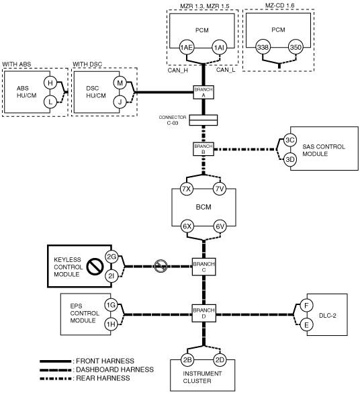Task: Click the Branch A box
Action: tap(204, 92)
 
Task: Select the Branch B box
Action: tap(204, 149)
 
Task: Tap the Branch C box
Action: tap(204, 267)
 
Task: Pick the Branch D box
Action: tap(204, 313)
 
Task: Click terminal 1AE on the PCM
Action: tap(187, 48)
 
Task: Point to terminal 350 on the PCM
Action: tap(296, 47)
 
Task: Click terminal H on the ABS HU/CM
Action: tap(50, 83)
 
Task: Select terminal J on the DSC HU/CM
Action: tap(120, 102)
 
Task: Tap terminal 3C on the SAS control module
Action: tap(290, 140)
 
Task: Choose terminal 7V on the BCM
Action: tap(220, 189)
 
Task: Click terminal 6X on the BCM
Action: tap(187, 226)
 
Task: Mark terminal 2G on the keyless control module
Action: tap(111, 257)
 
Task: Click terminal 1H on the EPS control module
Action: tap(111, 324)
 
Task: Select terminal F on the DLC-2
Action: tap(306, 306)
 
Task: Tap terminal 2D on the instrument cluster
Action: tap(220, 360)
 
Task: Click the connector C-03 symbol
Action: tap(204, 120)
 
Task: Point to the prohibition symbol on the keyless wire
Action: tap(161, 266)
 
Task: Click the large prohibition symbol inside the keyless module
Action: tap(95, 267)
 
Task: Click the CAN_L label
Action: tap(226, 70)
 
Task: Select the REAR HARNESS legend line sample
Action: tap(55, 378)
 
